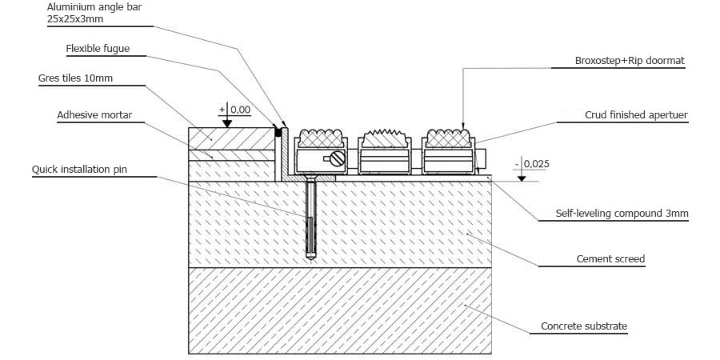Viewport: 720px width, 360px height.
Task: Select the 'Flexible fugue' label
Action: point(98,49)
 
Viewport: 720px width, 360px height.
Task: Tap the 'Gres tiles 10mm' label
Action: point(75,78)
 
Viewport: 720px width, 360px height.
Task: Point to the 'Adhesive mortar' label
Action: point(94,114)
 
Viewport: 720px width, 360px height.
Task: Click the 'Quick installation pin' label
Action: point(79,170)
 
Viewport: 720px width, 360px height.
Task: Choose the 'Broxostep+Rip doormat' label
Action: point(630,61)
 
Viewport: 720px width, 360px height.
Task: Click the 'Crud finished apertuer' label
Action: point(636,114)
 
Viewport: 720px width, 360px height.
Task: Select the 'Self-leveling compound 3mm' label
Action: point(622,214)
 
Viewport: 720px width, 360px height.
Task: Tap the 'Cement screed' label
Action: point(610,259)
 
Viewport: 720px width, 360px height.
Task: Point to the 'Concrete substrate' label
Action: point(584,326)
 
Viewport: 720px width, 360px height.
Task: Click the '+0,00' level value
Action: point(234,110)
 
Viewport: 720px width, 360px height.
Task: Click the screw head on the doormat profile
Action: point(338,158)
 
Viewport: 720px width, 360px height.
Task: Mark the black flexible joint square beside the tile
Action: point(278,132)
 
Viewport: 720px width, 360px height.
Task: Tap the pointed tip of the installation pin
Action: point(311,260)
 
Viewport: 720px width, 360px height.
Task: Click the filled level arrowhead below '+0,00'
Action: point(227,124)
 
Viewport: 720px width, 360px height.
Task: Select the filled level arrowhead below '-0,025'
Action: point(522,178)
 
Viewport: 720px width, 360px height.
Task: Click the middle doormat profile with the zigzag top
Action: point(384,152)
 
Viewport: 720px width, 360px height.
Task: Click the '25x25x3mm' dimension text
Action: point(75,19)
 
